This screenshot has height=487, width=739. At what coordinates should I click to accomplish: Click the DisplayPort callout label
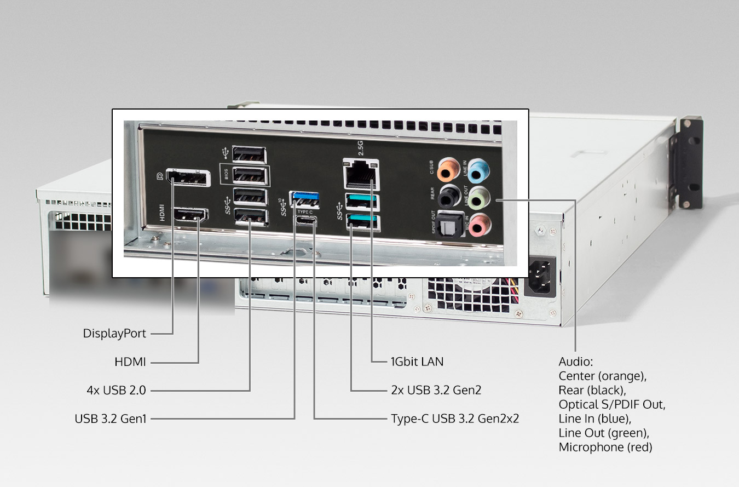click(114, 333)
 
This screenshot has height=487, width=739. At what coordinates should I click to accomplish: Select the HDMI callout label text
click(130, 362)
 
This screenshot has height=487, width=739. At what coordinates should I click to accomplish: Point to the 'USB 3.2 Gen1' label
click(111, 419)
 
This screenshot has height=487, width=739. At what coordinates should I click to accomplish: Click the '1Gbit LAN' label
click(417, 362)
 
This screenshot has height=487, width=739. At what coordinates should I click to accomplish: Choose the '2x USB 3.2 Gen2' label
click(436, 391)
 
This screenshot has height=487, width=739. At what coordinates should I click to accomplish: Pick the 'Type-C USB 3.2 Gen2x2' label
click(454, 419)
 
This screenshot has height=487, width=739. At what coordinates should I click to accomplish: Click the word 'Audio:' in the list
click(576, 362)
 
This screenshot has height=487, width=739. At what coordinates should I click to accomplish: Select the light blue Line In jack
click(477, 170)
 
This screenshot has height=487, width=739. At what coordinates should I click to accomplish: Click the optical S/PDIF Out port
click(451, 224)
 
